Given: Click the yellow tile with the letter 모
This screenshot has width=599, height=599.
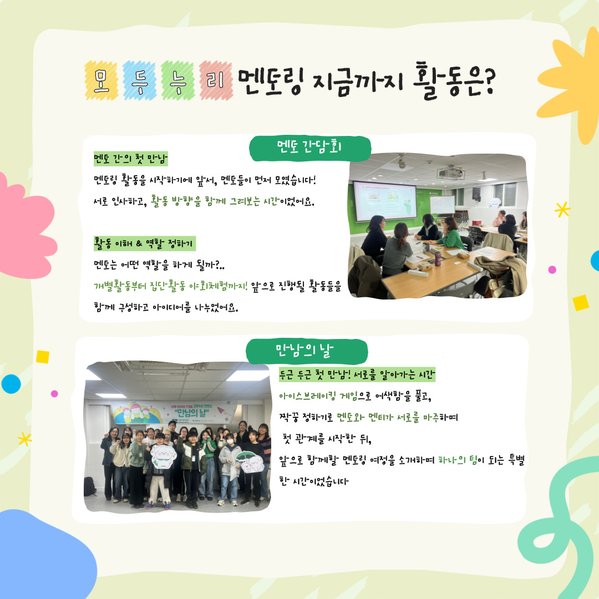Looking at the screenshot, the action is pos(101,80).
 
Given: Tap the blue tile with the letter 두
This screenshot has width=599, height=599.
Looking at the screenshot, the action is pos(139,80).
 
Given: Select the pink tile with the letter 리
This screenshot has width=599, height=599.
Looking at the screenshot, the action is pos(216,80).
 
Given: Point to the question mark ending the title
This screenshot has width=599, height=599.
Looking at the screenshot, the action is pos(487,82).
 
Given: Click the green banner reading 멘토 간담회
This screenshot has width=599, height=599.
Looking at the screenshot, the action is pos(310,148).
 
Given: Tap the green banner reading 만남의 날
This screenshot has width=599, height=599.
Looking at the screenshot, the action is pos(307,351).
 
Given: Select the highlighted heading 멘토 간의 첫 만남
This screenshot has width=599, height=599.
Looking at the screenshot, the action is pos(131,159).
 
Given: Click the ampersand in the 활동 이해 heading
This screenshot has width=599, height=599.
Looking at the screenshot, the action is pos(139,243).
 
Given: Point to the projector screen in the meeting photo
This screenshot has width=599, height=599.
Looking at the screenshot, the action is pos(385,201).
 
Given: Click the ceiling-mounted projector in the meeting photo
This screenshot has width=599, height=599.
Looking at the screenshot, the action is pos(451,173).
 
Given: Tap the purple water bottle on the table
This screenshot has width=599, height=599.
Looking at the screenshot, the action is pos(438,258).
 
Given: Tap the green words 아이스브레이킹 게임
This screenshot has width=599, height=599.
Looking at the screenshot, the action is pos(318,397).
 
